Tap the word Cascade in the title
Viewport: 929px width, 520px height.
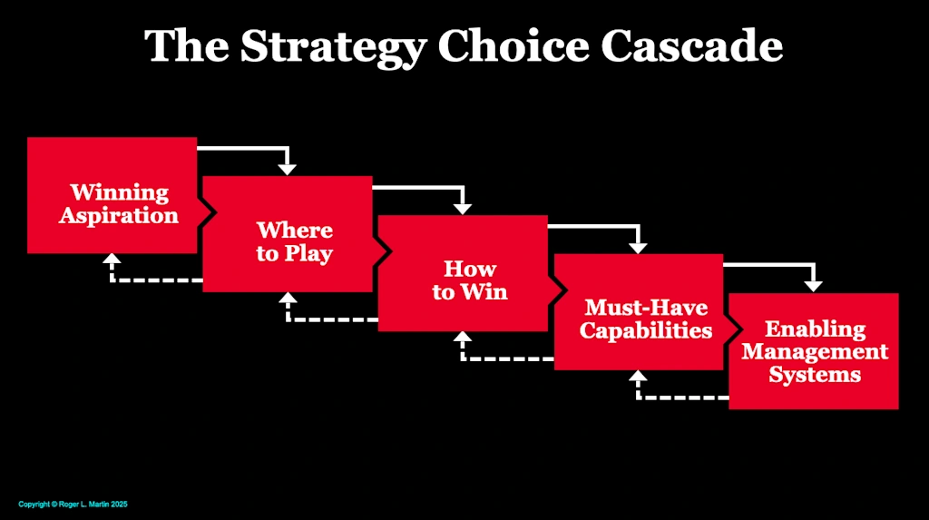[x=697, y=45]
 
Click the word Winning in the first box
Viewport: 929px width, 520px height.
[x=120, y=192]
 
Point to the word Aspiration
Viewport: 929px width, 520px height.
[x=119, y=216]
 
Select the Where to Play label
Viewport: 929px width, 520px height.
[x=294, y=241]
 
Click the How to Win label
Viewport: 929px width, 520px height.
[x=470, y=280]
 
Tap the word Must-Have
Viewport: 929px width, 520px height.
[x=646, y=308]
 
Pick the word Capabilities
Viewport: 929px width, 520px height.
[x=646, y=330]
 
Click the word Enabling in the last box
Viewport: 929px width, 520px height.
[x=815, y=329]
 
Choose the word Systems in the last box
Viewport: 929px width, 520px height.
[x=815, y=374]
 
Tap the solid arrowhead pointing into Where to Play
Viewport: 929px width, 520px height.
[x=288, y=168]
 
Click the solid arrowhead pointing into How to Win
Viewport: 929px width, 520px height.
[x=463, y=207]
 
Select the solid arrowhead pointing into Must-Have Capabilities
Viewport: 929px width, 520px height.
[x=639, y=246]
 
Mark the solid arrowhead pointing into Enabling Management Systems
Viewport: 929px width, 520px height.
[x=814, y=285]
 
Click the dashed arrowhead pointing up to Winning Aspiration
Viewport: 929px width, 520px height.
[x=112, y=260]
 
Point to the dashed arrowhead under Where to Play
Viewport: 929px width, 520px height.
[x=287, y=299]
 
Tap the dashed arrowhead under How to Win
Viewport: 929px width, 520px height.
[x=463, y=338]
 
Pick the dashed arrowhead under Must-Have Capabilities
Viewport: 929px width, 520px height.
[x=638, y=377]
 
